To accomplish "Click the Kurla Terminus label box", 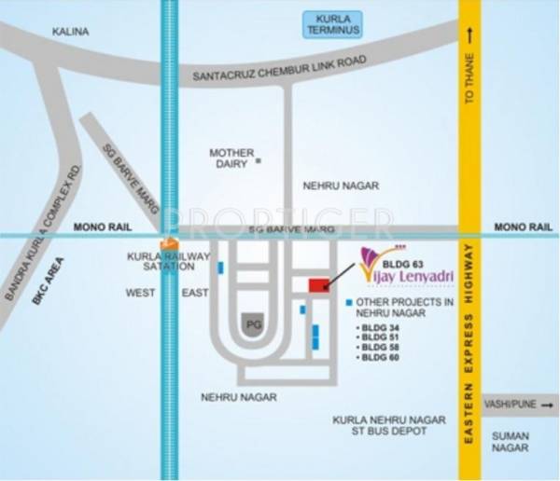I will (331, 25).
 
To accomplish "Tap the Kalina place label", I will (72, 32).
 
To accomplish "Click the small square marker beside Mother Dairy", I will (259, 161).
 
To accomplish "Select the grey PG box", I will (252, 323).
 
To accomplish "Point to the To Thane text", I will (470, 83).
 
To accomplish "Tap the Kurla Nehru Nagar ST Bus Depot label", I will (379, 426).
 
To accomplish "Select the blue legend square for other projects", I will (349, 302).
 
